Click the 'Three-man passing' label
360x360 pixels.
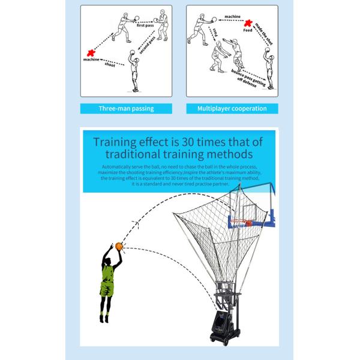tap(126, 109)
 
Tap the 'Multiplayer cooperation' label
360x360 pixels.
tap(232, 109)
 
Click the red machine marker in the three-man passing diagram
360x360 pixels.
tap(92, 53)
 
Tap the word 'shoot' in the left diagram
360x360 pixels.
tap(109, 65)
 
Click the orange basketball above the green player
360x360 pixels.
tap(119, 246)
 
